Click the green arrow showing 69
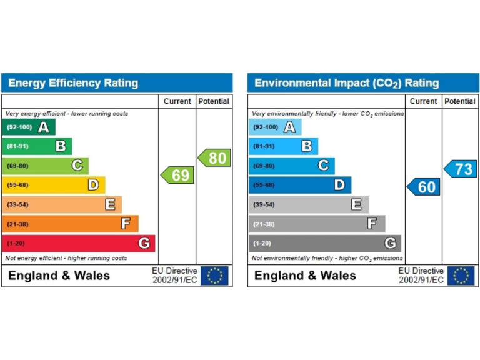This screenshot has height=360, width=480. coord(178,175)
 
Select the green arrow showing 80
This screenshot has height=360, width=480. coord(214,158)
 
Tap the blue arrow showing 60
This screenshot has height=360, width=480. coord(424,186)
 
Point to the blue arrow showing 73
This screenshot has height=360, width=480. coord(461,169)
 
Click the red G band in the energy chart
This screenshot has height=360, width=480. coord(79,244)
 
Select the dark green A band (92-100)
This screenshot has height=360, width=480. coord(29,127)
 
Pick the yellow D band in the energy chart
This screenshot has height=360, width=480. coord(54,185)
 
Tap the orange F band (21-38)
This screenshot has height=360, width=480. coord(70,224)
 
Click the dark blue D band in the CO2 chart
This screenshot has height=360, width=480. coord(300,185)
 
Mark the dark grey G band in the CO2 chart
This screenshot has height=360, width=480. coord(324,244)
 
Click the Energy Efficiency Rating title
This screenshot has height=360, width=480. coord(73,83)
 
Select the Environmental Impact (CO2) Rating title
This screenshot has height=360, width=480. coord(347,83)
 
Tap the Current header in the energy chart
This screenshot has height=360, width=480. coord(177,101)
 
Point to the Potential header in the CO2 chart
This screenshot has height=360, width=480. coord(460,101)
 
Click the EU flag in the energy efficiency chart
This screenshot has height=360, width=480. coord(214,276)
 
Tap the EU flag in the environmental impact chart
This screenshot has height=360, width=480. coord(461,276)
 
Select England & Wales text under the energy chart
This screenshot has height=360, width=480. coord(59,276)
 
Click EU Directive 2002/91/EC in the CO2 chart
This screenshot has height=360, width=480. coord(421,276)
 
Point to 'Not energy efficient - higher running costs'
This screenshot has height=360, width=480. coord(66,258)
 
